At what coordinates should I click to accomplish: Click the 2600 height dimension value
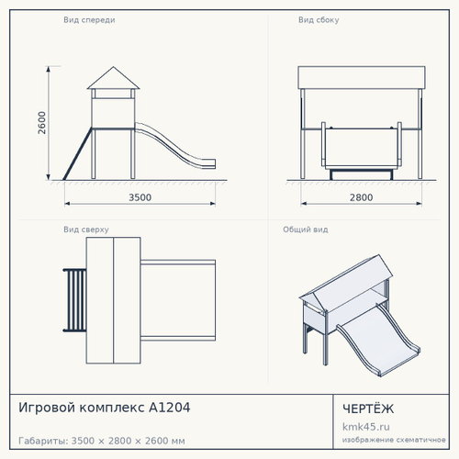[41, 122]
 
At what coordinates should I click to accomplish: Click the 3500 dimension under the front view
[140, 197]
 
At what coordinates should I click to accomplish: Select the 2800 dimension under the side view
[361, 197]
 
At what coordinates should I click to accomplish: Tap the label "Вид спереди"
[89, 20]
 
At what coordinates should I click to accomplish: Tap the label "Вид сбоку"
[319, 20]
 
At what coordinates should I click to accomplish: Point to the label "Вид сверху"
[86, 229]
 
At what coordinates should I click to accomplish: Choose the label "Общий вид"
[306, 229]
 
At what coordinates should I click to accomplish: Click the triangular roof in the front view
[114, 80]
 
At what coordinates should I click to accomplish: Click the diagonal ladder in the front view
[77, 153]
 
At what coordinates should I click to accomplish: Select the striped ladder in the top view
[75, 300]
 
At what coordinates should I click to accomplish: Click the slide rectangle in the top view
[178, 300]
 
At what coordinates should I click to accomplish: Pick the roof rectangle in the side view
[362, 78]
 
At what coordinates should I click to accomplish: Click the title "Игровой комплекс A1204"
[105, 408]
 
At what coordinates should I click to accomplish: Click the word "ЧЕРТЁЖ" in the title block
[368, 409]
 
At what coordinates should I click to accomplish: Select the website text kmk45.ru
[366, 427]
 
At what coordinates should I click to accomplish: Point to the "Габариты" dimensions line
[102, 441]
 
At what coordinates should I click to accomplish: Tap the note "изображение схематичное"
[394, 440]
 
